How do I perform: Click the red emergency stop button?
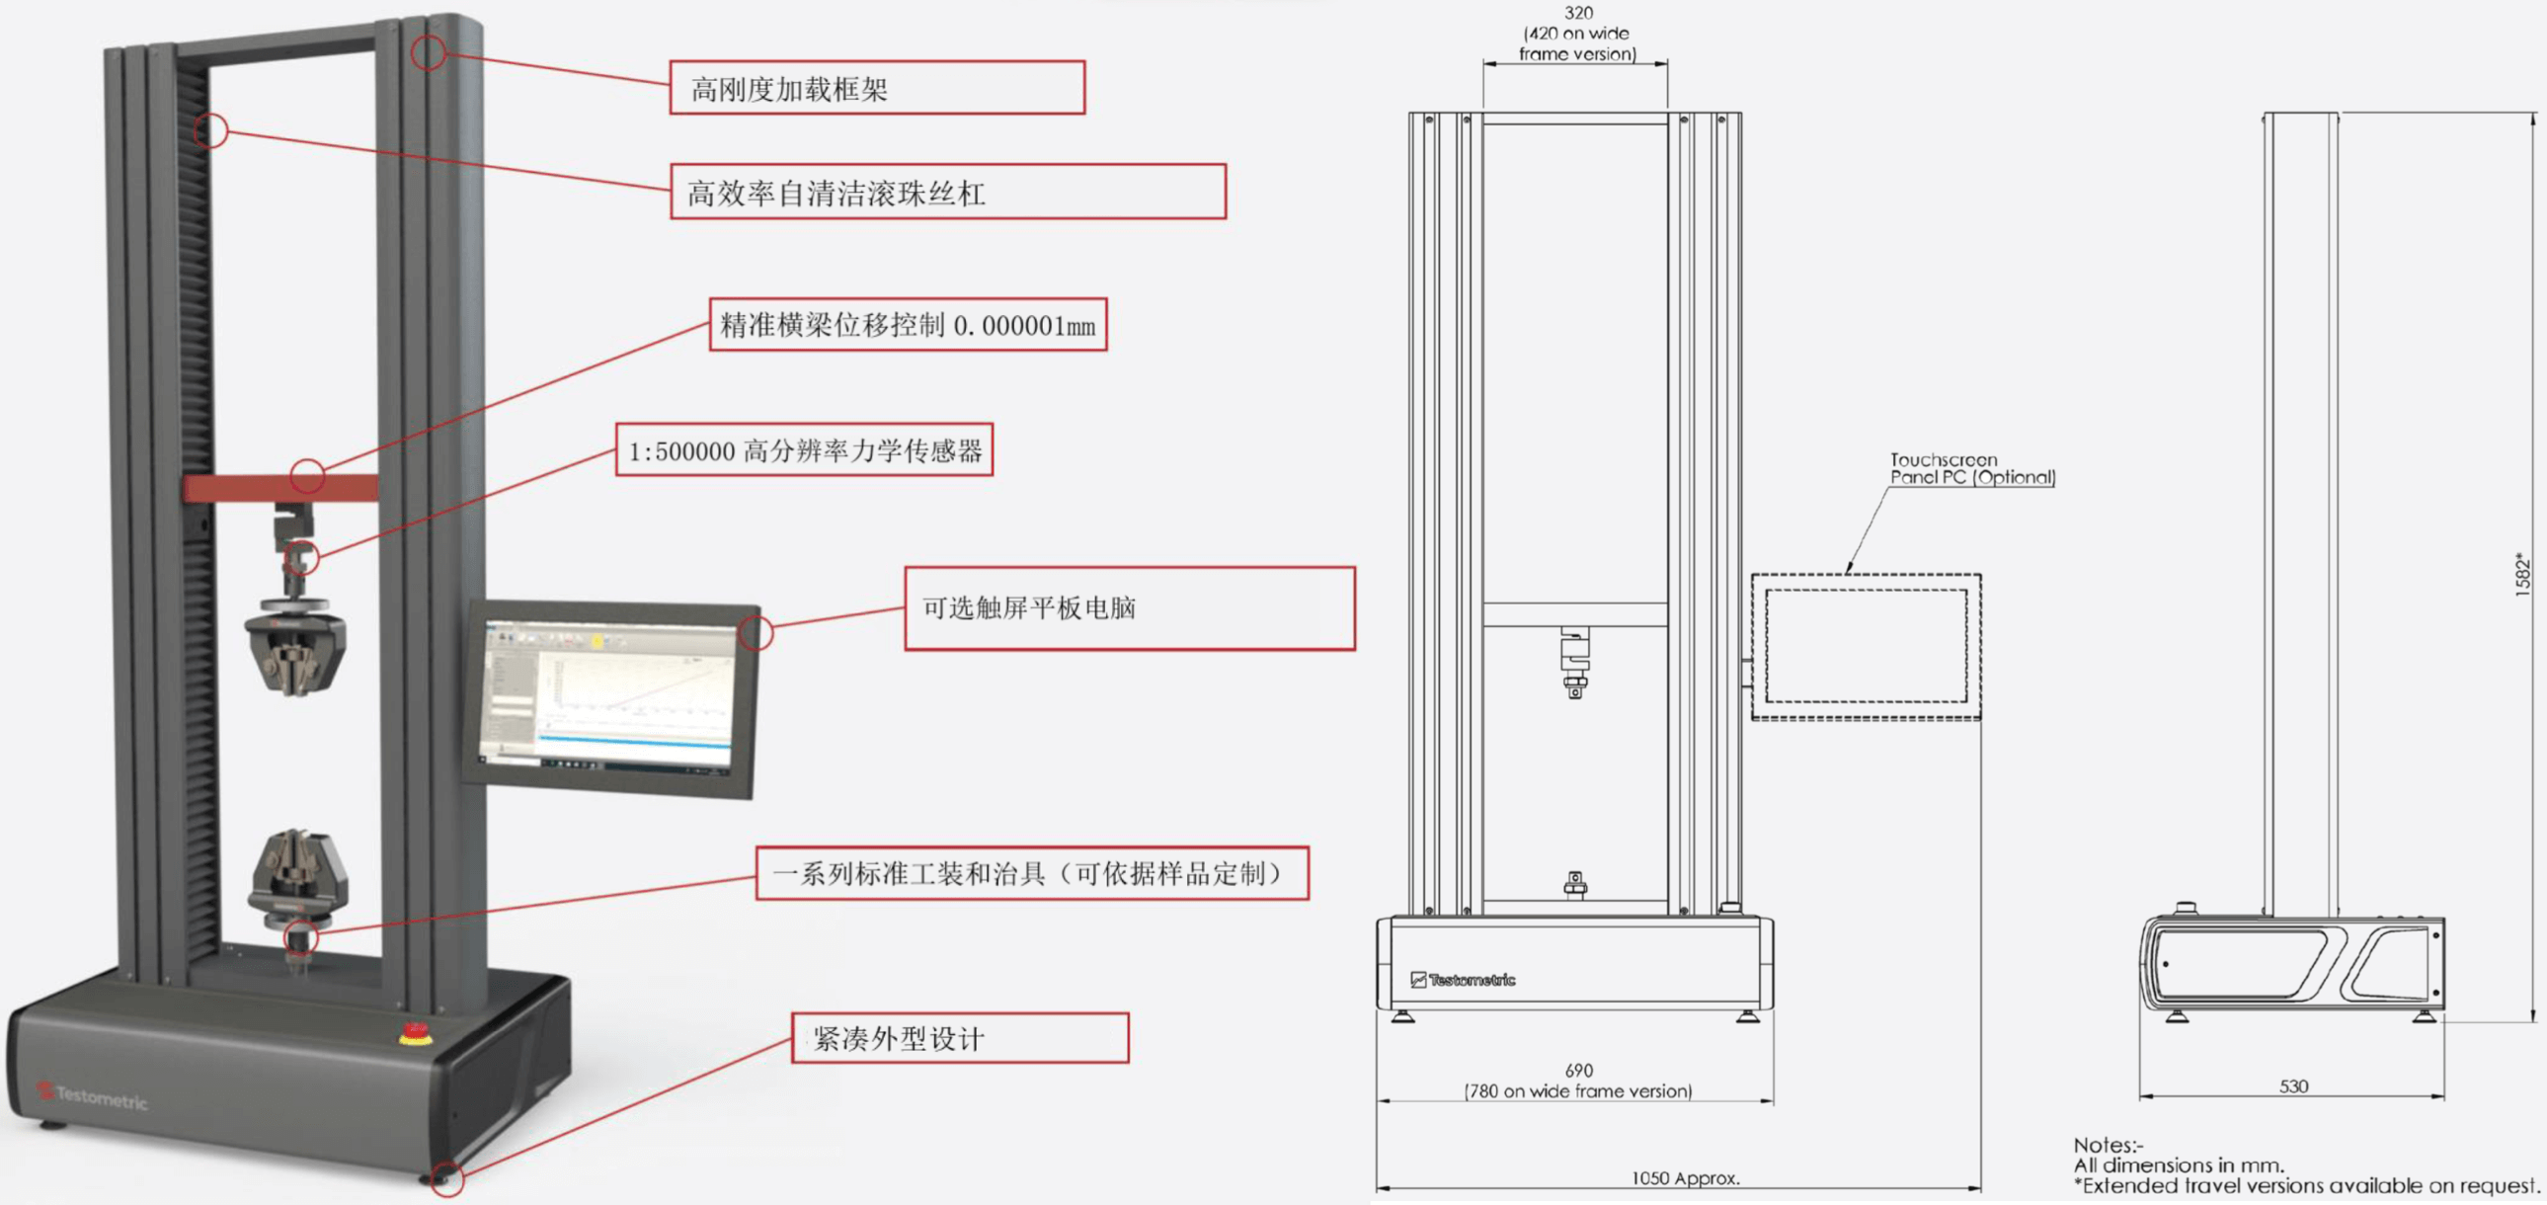[415, 1034]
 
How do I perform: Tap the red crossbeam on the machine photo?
[279, 487]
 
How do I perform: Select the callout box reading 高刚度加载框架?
[877, 88]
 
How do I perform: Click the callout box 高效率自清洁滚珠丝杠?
[947, 192]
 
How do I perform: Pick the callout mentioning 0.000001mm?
[908, 324]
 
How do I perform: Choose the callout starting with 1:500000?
[804, 450]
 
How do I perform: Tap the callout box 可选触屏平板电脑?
[1129, 608]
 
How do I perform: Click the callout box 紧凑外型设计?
[959, 1038]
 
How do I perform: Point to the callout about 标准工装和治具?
[1031, 873]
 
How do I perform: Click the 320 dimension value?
[1578, 13]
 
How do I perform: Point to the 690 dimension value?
[1578, 1070]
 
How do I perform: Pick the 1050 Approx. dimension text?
[1685, 1177]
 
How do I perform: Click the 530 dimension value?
[2293, 1085]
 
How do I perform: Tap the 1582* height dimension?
[2522, 573]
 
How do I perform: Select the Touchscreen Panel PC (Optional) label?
[1971, 467]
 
